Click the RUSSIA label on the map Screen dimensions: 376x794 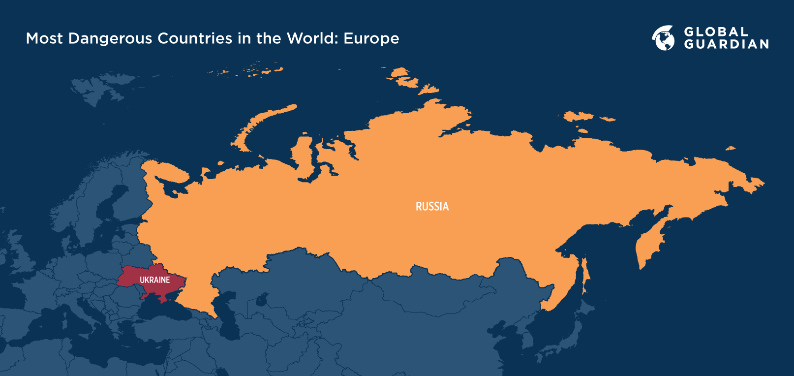coord(432,207)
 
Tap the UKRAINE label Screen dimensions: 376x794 coord(154,280)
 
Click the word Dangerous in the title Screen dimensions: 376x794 coord(110,38)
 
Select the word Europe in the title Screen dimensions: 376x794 coord(371,38)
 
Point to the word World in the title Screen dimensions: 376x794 coord(310,38)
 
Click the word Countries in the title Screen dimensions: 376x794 coord(195,38)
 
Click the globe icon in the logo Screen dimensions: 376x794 coord(663,38)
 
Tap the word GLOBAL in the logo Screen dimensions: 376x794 coord(716,32)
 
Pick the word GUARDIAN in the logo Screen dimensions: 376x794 coord(726,44)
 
